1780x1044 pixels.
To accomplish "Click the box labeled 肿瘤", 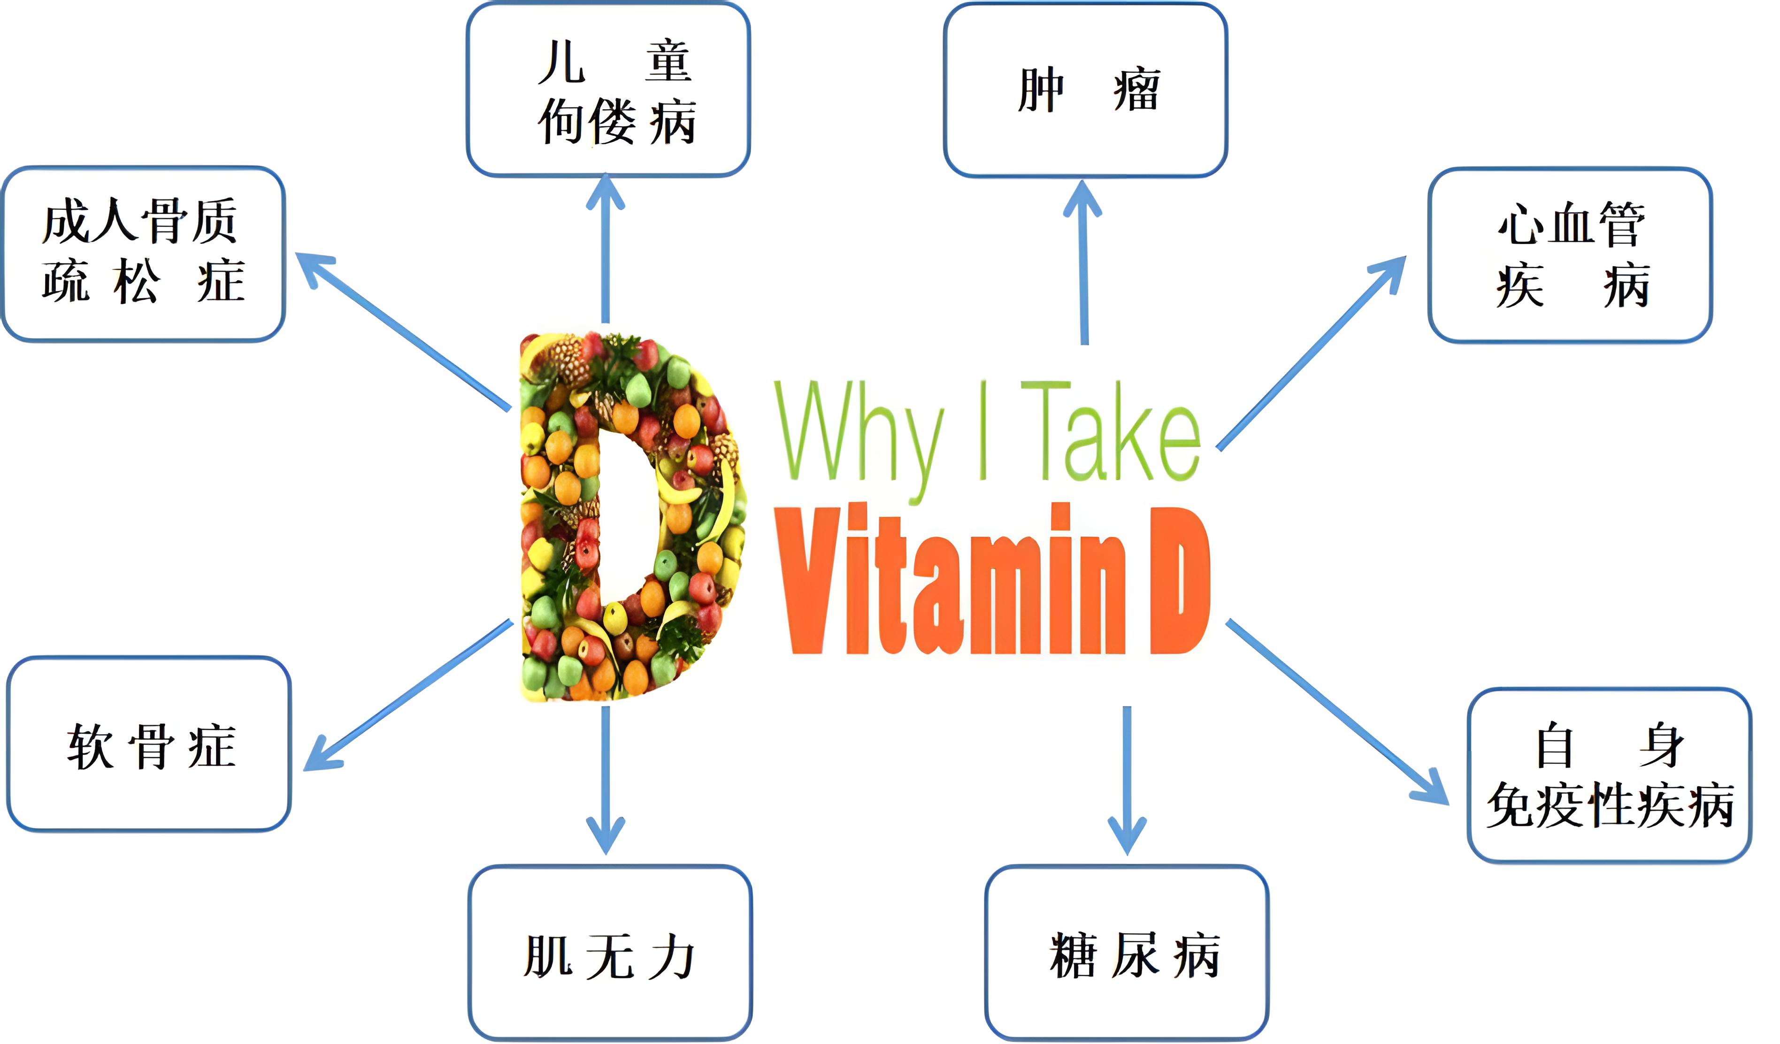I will coord(1086,90).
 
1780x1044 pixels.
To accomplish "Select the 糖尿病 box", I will coord(1128,953).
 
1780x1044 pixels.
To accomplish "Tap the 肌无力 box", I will coord(610,953).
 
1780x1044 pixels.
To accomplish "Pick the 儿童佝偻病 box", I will coord(608,90).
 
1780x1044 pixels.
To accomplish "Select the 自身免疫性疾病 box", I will coord(1610,775).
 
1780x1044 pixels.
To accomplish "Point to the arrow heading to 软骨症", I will coord(410,696).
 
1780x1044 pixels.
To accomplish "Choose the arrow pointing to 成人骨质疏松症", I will coord(403,332).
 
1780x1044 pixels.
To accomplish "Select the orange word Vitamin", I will coord(950,583).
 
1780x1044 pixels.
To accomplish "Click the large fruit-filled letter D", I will coord(565,515).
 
